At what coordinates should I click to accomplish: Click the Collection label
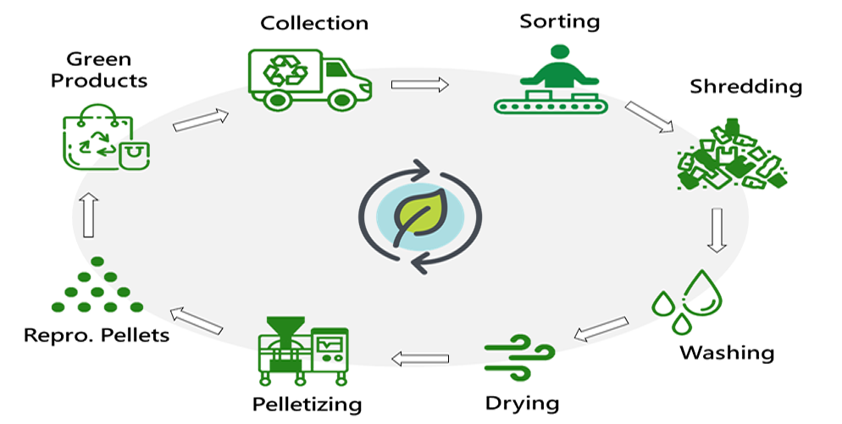pos(314,22)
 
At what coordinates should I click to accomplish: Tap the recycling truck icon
pos(309,78)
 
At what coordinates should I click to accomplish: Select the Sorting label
pos(559,19)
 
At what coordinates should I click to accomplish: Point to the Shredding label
pos(745,86)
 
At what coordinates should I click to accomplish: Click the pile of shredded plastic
pos(731,156)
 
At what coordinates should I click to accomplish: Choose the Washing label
pos(727,351)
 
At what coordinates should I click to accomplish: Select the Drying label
pos(522,402)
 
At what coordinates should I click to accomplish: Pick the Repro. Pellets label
pos(95,335)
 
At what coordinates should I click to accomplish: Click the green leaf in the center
pos(420,216)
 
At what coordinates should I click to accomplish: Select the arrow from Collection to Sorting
pos(420,85)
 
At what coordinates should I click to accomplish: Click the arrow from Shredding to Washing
pos(717,230)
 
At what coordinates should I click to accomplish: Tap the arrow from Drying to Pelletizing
pos(421,360)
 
